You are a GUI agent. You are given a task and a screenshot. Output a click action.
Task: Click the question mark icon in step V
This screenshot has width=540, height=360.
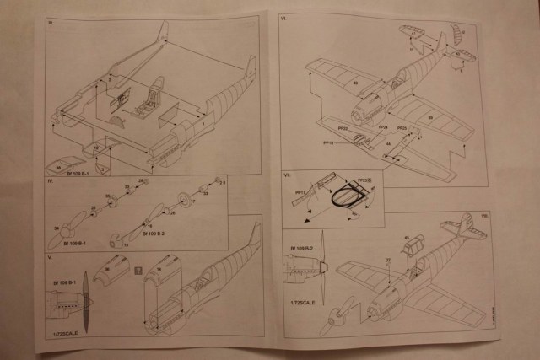click(136, 270)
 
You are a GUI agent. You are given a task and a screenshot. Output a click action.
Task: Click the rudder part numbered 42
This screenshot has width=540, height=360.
click(455, 35)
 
